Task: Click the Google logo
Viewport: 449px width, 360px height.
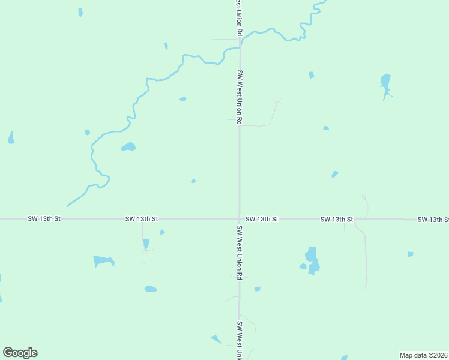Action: click(20, 353)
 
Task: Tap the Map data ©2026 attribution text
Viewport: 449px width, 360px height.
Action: click(424, 355)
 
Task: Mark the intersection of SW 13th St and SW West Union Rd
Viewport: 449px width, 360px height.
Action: click(240, 219)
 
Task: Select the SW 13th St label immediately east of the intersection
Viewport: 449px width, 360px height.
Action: click(262, 220)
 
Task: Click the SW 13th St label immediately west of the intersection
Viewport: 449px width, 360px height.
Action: click(142, 220)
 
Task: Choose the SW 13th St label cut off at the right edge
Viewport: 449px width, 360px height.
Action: click(433, 220)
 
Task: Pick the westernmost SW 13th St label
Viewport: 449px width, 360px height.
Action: click(44, 220)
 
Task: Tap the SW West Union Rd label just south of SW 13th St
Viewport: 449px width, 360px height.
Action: click(240, 253)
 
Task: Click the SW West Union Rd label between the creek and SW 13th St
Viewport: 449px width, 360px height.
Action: click(240, 97)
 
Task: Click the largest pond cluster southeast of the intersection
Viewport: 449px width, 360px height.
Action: click(312, 260)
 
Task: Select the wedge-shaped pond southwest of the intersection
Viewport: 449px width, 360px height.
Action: click(103, 261)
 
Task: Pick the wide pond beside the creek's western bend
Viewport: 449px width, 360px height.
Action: click(128, 146)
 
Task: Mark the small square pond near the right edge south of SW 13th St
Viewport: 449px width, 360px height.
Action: click(411, 254)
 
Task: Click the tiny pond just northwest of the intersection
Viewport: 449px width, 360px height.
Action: click(193, 181)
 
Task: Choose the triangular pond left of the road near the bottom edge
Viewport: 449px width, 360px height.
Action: click(216, 340)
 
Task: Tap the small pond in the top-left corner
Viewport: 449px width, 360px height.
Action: click(80, 12)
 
